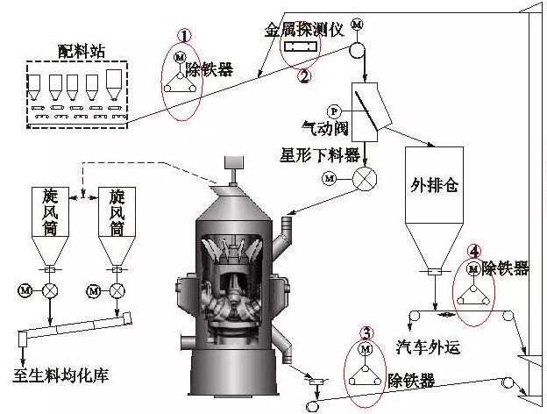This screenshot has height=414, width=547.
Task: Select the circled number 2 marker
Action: pyautogui.click(x=304, y=75)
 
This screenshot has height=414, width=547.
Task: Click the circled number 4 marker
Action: pyautogui.click(x=473, y=251)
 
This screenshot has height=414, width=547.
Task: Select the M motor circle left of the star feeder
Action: pyautogui.click(x=330, y=178)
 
